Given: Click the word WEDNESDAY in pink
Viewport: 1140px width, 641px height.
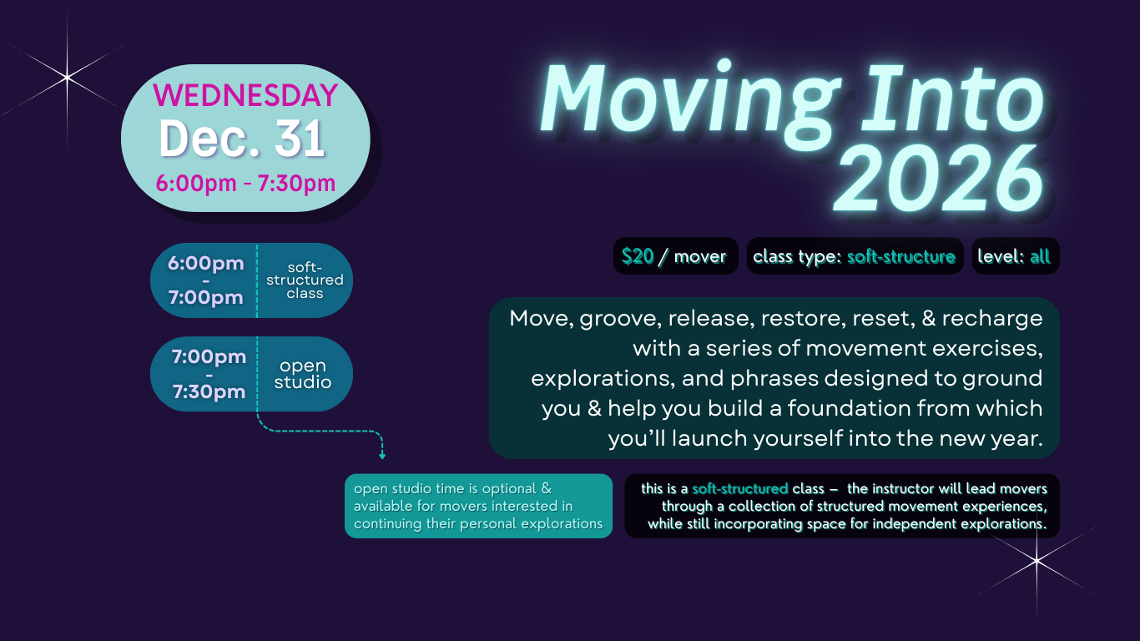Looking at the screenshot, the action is (x=245, y=94).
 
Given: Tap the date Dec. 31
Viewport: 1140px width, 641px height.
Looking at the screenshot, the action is (x=242, y=139).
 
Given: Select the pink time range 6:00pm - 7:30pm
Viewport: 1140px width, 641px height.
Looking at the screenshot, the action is (x=245, y=183).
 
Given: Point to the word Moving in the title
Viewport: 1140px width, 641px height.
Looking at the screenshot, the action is (x=689, y=102).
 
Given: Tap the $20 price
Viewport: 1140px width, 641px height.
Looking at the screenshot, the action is (x=637, y=256).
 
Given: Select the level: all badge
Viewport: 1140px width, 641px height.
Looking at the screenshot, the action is (x=1016, y=256).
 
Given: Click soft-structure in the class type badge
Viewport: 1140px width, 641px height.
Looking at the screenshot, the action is (x=900, y=256).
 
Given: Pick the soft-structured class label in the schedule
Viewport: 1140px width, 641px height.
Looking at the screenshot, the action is (x=305, y=280).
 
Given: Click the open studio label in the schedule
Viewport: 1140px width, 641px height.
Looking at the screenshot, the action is (x=303, y=374).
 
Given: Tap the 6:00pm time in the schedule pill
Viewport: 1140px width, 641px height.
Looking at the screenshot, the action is (x=205, y=263).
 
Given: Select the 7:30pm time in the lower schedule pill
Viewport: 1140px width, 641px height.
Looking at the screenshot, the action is (x=209, y=391).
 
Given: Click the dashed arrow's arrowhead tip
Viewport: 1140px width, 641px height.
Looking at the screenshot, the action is (x=382, y=459).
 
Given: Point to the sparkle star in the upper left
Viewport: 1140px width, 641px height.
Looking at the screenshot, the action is (x=67, y=78).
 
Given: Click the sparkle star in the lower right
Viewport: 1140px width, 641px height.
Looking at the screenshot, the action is (x=1037, y=561).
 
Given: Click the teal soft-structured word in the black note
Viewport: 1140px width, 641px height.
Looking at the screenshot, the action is (x=740, y=489).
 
